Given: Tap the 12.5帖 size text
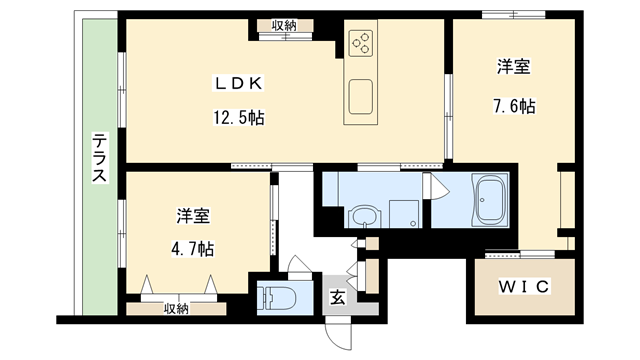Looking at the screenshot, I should point(237,118).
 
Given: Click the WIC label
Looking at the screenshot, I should point(523,287).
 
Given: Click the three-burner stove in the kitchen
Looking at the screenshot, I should point(361,43).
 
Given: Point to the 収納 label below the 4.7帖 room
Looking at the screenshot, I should point(176,308).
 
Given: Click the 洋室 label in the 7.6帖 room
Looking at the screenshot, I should point(514,68).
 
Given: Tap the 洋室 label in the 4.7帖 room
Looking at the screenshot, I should point(192,216).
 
